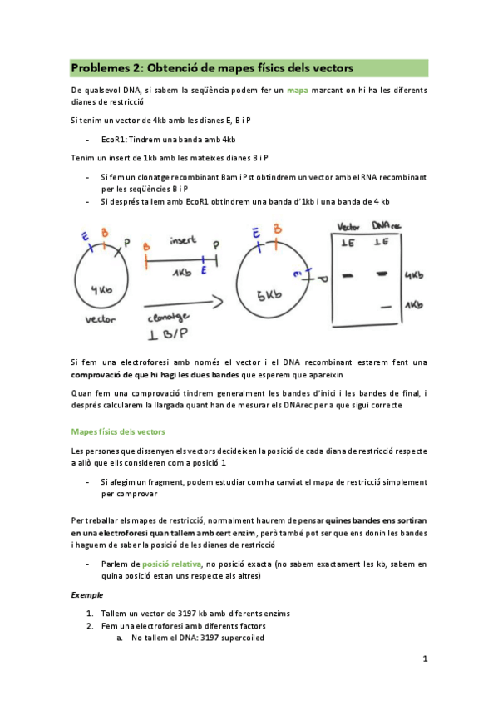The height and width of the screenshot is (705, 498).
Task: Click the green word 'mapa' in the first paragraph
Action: pyautogui.click(x=298, y=88)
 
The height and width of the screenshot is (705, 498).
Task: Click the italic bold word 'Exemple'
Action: pyautogui.click(x=86, y=595)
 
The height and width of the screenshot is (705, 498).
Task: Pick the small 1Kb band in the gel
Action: pyautogui.click(x=385, y=307)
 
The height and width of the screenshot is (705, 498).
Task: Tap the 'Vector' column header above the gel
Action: pyautogui.click(x=348, y=226)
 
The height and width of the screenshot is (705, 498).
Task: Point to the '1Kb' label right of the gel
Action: pyautogui.click(x=415, y=305)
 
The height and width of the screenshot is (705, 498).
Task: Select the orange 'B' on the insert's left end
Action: pyautogui.click(x=146, y=247)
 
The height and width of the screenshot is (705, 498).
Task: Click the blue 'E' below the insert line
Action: pyautogui.click(x=205, y=271)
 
